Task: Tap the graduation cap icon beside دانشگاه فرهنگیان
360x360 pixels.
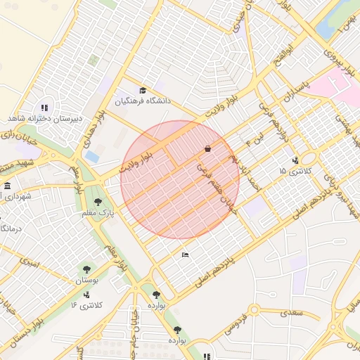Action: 143,90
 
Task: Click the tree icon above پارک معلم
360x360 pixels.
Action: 98,202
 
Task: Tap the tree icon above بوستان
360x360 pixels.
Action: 87,269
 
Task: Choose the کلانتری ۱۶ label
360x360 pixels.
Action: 86,305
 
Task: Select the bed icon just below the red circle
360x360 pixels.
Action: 185,254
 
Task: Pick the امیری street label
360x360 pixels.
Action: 30,265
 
